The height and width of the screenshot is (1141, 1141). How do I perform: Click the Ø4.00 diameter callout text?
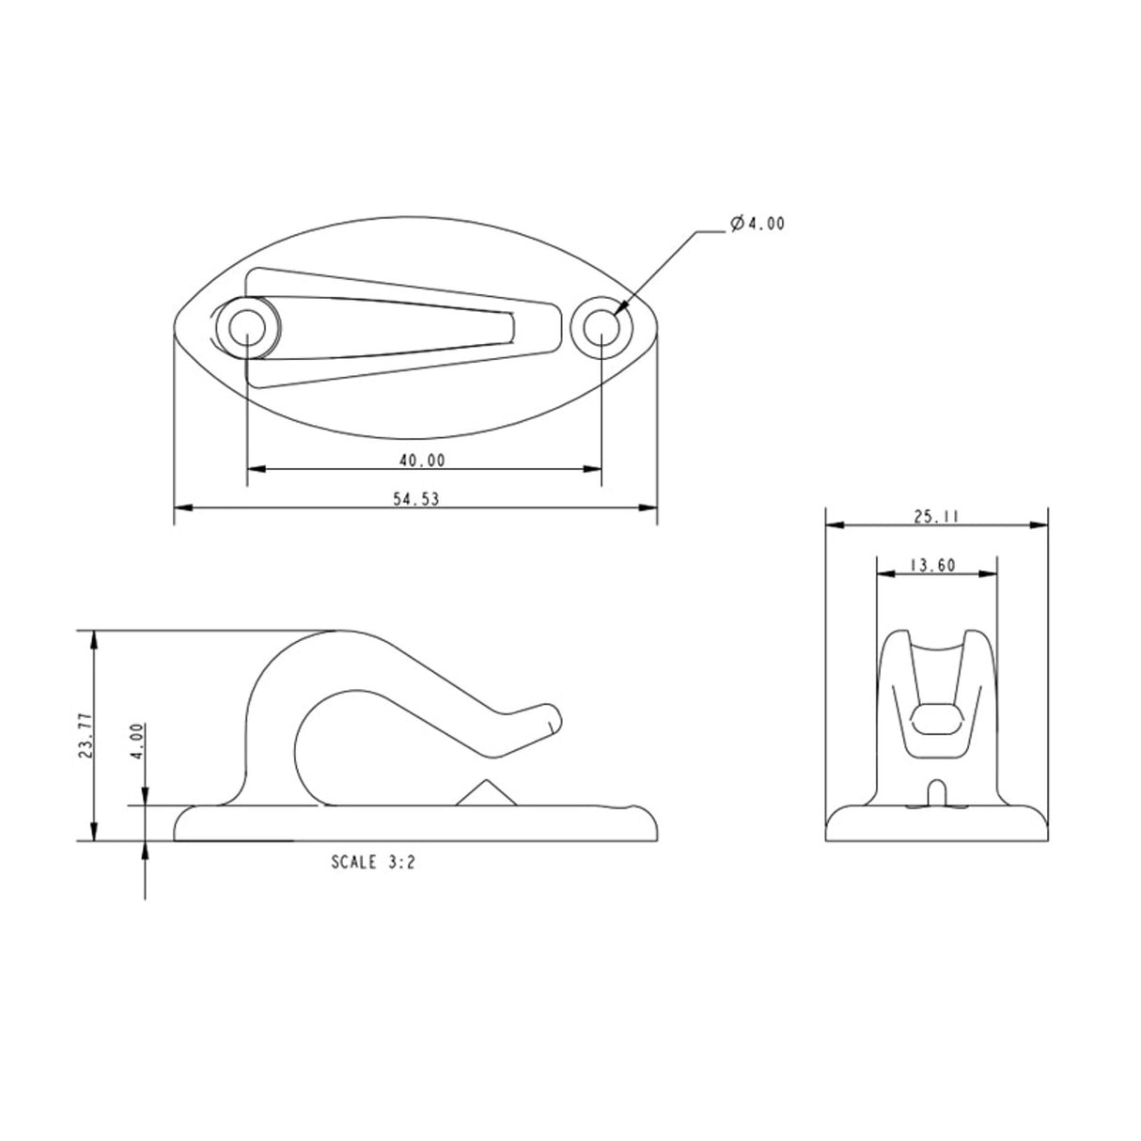(757, 224)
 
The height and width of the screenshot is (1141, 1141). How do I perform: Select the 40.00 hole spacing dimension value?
(421, 460)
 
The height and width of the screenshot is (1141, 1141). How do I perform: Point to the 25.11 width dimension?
(936, 516)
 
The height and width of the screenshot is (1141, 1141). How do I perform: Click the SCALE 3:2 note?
(373, 861)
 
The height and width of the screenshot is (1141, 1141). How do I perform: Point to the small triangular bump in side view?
(485, 793)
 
